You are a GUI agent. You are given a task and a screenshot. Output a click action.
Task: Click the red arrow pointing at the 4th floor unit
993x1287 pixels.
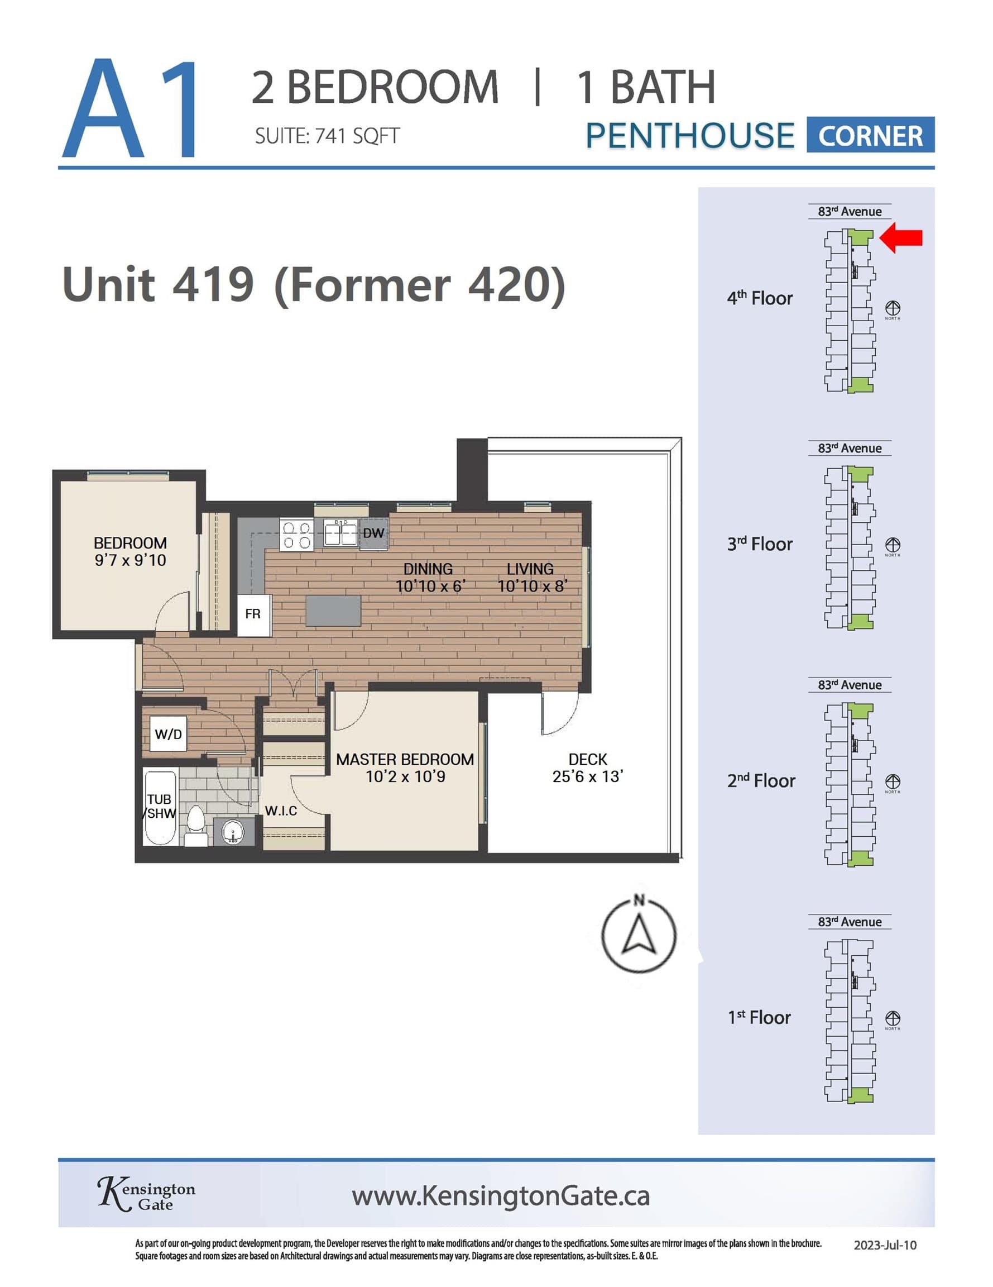900,237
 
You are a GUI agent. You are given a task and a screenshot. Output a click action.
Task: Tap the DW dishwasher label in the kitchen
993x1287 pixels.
373,533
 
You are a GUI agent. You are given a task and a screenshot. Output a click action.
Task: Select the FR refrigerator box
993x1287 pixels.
254,614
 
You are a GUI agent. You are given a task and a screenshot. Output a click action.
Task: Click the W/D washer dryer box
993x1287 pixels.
169,734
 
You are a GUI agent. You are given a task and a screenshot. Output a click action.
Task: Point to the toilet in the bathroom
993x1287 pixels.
196,825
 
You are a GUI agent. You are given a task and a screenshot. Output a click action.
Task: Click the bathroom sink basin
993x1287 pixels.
233,833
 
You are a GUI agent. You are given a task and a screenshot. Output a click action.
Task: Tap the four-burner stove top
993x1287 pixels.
297,534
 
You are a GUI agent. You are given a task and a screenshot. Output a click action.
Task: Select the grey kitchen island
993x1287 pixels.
333,611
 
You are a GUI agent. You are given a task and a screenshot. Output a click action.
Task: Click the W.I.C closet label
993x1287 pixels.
281,811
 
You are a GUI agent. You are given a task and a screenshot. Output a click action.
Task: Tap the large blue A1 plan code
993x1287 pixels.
131,108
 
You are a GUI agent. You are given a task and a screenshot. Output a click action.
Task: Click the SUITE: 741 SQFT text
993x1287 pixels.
327,136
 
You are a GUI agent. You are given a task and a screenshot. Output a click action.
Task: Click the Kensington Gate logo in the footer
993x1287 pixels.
146,1194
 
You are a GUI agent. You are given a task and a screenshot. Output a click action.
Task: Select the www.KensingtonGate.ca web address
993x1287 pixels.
501,1195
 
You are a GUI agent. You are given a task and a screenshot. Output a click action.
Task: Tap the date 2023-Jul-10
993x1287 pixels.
885,1245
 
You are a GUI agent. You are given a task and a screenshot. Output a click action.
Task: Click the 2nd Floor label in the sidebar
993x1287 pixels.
761,781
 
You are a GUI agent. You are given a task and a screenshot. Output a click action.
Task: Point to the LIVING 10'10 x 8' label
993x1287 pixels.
531,578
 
